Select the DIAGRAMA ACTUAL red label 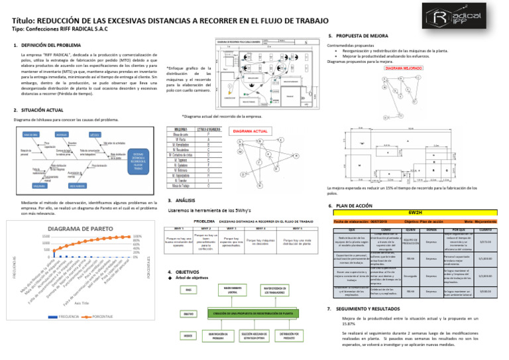(250, 132)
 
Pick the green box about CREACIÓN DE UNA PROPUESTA (254, 312)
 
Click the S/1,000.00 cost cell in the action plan (484, 257)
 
